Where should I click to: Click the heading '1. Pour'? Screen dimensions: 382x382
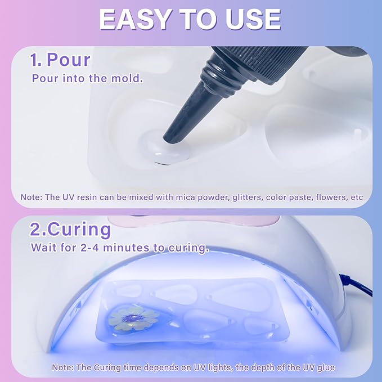[60, 60]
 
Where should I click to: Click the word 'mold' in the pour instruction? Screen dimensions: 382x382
[129, 78]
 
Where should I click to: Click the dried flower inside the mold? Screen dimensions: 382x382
[127, 317]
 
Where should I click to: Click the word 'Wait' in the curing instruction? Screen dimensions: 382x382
[43, 247]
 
